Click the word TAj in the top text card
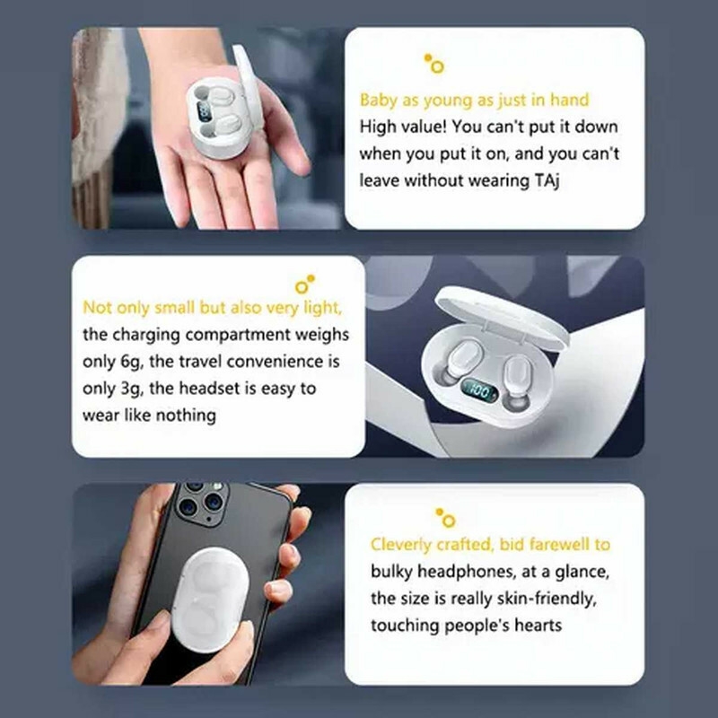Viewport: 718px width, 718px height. [547, 181]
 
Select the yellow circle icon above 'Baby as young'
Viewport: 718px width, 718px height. [434, 64]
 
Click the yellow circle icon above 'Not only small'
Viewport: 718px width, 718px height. [305, 284]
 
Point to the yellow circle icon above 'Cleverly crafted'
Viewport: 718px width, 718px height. [446, 518]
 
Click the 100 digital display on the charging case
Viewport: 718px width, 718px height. [479, 390]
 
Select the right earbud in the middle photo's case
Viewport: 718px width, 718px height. [518, 379]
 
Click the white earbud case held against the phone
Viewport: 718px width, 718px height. [210, 600]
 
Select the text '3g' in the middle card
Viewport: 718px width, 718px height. [132, 390]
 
